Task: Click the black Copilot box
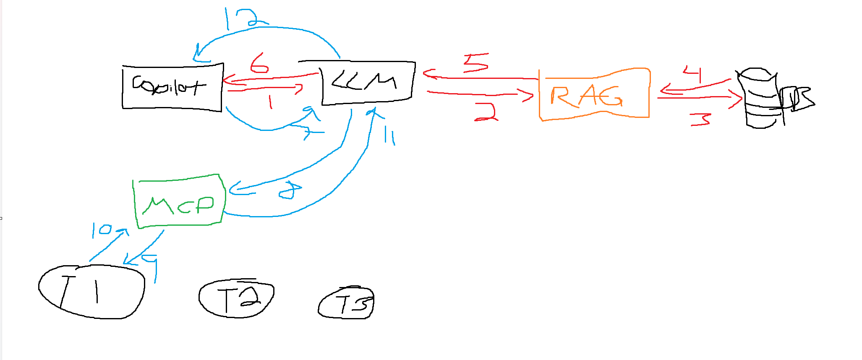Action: pos(172,87)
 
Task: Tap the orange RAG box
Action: pos(593,95)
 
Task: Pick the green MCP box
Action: pos(180,202)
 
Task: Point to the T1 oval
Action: pos(91,292)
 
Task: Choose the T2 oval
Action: pos(236,298)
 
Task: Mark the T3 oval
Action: pos(346,303)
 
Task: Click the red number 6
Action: pos(259,63)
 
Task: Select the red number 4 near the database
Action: pos(693,73)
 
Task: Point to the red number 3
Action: pos(700,120)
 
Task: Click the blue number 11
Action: pos(389,137)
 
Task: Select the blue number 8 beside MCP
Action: pos(290,190)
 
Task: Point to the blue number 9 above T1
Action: pos(151,267)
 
